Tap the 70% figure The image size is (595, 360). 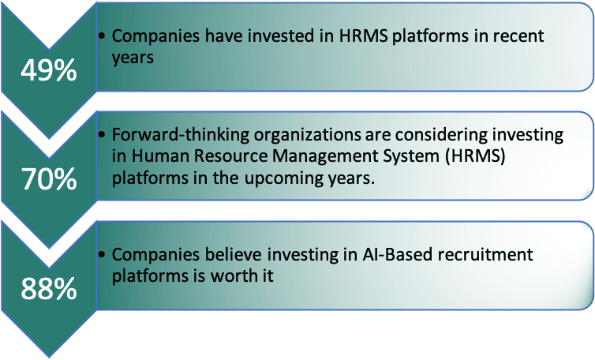tap(48, 180)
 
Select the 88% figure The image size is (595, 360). tap(48, 288)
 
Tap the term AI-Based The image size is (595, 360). tap(372, 255)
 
